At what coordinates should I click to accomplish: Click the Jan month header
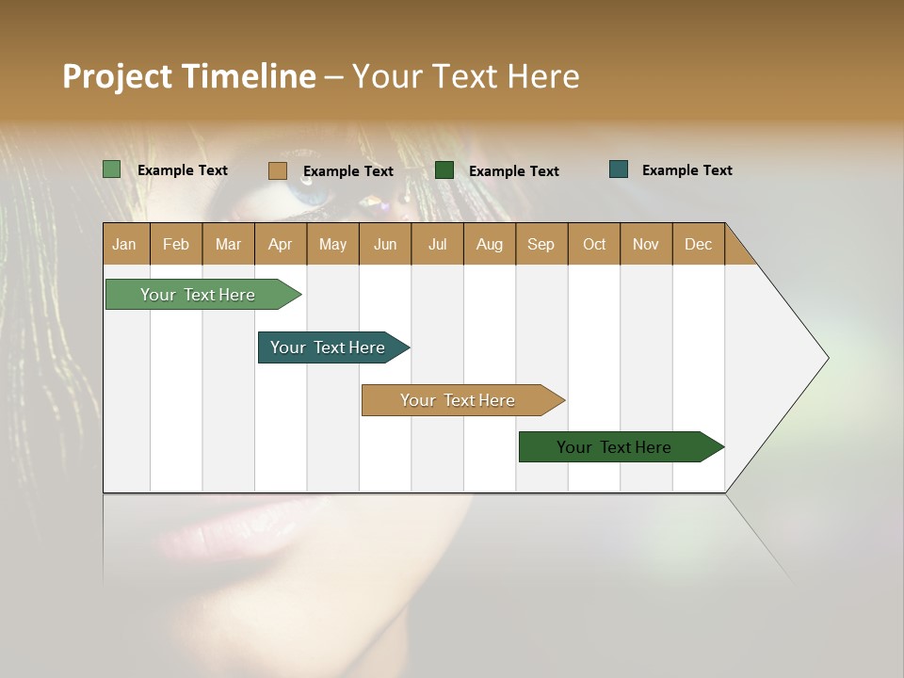point(124,244)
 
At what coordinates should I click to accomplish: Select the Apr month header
point(280,244)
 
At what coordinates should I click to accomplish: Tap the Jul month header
point(437,244)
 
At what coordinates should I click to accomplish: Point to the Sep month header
point(541,244)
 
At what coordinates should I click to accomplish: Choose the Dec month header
point(698,244)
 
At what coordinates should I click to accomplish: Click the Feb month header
point(176,244)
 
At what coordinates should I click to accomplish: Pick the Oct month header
point(594,244)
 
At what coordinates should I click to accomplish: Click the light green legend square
point(112,169)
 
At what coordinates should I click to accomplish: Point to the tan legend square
point(278,170)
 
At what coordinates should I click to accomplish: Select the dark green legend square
point(444,170)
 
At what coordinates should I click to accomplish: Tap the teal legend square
point(619,169)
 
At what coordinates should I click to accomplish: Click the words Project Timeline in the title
point(189,76)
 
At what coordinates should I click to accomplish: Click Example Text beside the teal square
point(686,170)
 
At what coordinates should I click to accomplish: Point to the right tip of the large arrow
point(827,358)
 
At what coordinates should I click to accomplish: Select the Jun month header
point(385,244)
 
